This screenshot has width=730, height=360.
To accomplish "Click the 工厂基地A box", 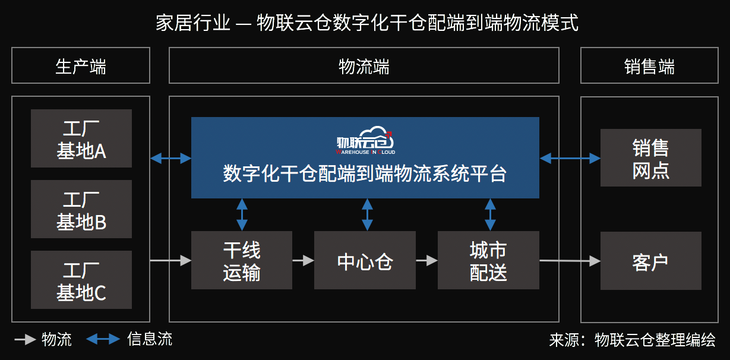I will coord(81,138).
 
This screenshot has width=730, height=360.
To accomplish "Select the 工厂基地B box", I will coord(81,209).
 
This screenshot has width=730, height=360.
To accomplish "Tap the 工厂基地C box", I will coord(81,280).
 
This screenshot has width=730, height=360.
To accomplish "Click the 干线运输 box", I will coord(242,260).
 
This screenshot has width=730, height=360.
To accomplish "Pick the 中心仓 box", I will coord(365,260).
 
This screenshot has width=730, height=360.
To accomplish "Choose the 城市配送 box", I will coord(488,260).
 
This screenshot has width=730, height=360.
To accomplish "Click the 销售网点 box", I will coord(650,158).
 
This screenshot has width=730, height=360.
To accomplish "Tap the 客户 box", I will coord(650,260).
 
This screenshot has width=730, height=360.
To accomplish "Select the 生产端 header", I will coord(81,65).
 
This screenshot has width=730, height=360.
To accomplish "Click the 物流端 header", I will coord(364,65).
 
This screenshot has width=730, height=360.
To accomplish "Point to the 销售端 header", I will coord(650,65).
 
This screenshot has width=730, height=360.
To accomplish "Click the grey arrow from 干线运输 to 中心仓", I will coord(303,260).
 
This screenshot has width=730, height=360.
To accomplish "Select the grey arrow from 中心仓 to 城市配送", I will coord(426,260).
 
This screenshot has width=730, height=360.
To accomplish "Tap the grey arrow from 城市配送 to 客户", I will coord(570,260).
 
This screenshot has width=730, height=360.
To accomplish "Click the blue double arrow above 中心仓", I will coord(368,214).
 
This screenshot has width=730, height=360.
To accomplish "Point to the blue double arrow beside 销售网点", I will coord(570,158).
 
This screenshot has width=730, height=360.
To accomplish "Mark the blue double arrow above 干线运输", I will coord(242,214).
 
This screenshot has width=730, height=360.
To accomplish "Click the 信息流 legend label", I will coord(150,339).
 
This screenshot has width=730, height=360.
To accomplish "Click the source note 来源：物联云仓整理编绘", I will coord(632,340).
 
